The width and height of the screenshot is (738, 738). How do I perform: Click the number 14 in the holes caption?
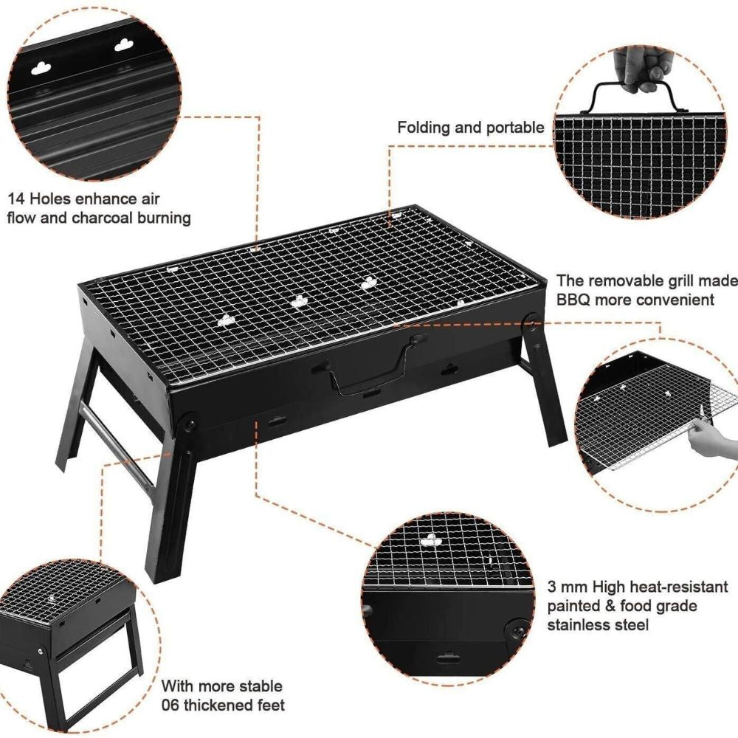(x=16, y=199)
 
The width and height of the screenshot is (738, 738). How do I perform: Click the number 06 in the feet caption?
(x=170, y=706)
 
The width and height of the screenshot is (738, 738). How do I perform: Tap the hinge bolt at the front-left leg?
(x=190, y=424)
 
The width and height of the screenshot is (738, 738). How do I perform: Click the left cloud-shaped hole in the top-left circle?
(x=41, y=69)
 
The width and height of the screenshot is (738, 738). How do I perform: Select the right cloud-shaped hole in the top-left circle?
(x=124, y=45)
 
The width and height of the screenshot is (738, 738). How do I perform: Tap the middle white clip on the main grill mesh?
(x=300, y=301)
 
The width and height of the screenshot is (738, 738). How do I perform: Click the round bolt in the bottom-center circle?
(x=518, y=631)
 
